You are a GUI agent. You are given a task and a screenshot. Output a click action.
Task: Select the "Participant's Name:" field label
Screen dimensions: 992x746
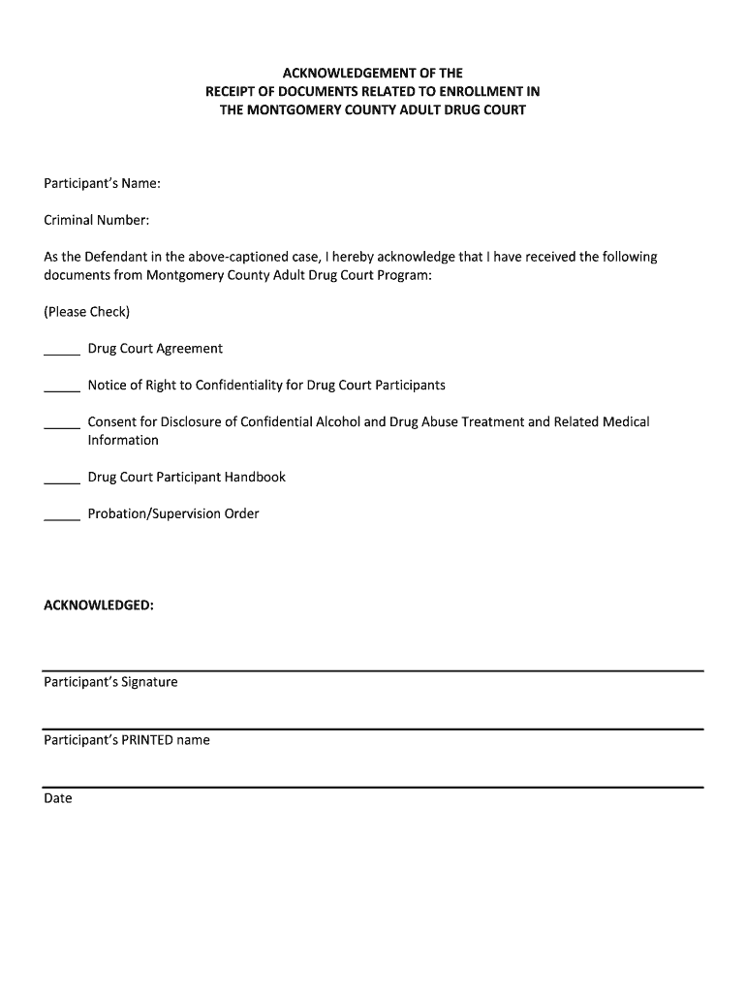click(102, 183)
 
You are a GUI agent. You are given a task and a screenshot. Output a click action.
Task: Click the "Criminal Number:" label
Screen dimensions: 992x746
click(96, 220)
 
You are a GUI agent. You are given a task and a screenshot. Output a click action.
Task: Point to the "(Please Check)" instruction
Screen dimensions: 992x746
click(86, 312)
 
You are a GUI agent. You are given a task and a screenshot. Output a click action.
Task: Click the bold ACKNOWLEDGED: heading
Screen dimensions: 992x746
click(99, 605)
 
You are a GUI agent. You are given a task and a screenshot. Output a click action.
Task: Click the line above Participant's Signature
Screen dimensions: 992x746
click(373, 670)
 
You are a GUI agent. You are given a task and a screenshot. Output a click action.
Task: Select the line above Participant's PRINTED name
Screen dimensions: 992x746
click(373, 728)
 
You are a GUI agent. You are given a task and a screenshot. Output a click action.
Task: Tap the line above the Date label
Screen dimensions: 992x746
click(373, 787)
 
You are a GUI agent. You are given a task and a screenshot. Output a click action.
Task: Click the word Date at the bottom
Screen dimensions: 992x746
click(57, 798)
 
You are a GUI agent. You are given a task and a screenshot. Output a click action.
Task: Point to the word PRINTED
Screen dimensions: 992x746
click(146, 740)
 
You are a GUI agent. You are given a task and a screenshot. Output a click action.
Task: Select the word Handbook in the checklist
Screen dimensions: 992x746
click(255, 477)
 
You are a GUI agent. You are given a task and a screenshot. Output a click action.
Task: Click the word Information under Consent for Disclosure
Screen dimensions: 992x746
click(123, 440)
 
